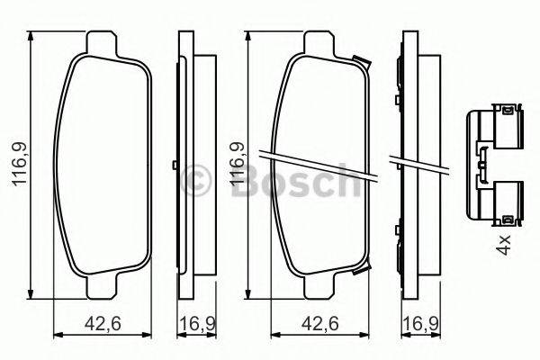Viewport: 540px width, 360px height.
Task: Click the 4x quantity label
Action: click(x=504, y=241)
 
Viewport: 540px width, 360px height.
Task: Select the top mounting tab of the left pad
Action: click(x=103, y=43)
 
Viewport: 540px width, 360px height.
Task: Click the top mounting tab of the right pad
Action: click(x=326, y=43)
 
